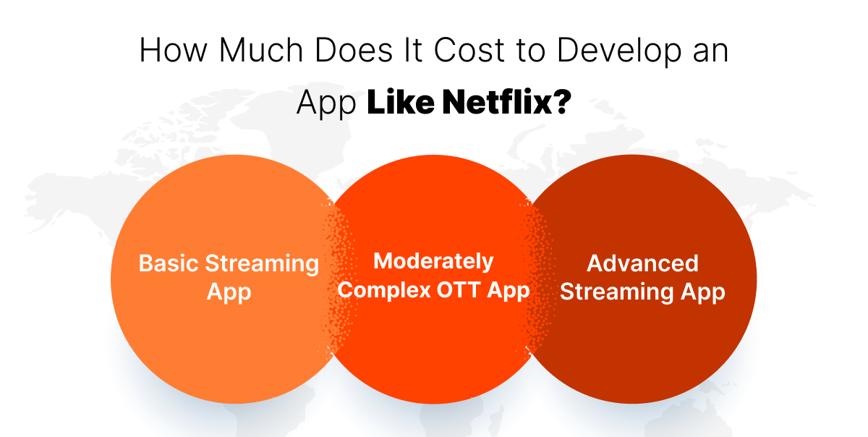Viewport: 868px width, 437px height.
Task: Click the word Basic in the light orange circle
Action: pos(169,263)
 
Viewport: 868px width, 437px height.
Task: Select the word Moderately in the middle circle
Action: pos(433,260)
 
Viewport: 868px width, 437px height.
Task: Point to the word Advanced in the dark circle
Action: pos(642,263)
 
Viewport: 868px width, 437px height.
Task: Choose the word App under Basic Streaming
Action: pos(229,292)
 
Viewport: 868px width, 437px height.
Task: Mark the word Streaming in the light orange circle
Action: pos(263,263)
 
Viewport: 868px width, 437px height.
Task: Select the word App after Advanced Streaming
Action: pos(701,292)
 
